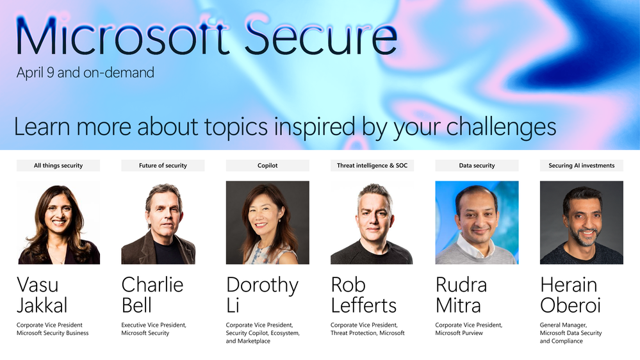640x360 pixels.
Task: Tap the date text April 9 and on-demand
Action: (85, 72)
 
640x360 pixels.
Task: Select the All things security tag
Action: (58, 165)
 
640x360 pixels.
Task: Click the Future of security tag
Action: (163, 165)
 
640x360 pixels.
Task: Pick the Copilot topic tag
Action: (267, 165)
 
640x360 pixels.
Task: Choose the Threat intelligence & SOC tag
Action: (372, 165)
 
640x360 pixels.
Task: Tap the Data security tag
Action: (477, 165)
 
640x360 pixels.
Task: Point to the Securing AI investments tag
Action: (582, 165)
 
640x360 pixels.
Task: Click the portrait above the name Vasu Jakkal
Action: (58, 222)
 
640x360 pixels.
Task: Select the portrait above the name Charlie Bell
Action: (163, 222)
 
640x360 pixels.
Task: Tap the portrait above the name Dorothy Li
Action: (267, 222)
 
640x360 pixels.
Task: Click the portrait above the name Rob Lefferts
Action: (372, 222)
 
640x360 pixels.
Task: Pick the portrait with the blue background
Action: (477, 222)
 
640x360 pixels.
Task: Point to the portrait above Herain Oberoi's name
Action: (582, 222)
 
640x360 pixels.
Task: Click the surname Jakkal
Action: (42, 306)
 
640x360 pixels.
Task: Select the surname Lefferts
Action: (364, 306)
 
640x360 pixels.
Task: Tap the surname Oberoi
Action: (571, 306)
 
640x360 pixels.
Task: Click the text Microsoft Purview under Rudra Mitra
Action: (459, 333)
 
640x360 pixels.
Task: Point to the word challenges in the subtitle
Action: (501, 127)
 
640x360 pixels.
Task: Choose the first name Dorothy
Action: (263, 286)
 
